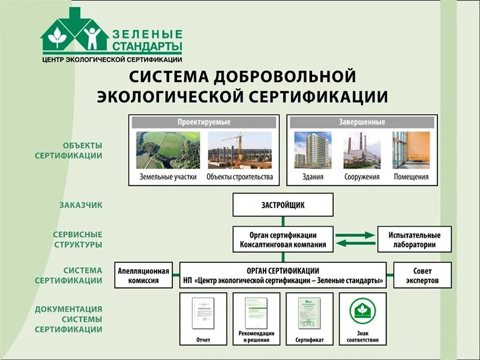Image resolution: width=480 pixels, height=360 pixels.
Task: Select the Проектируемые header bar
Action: (203, 122)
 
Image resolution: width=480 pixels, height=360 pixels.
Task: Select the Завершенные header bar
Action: (362, 122)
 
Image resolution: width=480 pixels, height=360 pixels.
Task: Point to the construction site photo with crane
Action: (239, 150)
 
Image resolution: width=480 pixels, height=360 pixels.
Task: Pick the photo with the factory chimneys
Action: (362, 150)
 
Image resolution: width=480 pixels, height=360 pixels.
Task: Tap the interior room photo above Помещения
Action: (411, 150)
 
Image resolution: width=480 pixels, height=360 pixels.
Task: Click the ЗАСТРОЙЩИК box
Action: (283, 205)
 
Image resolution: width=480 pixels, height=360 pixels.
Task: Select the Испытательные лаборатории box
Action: (415, 239)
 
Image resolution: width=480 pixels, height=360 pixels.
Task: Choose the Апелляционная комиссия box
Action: (144, 275)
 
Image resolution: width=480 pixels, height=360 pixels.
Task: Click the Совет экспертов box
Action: (422, 275)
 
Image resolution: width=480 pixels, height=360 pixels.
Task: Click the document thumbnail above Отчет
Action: (203, 312)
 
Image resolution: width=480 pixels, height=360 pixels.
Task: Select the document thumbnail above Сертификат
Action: (310, 312)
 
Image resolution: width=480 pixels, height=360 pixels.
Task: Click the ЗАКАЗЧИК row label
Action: (80, 205)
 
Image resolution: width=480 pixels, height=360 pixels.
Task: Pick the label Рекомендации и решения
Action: (256, 337)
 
